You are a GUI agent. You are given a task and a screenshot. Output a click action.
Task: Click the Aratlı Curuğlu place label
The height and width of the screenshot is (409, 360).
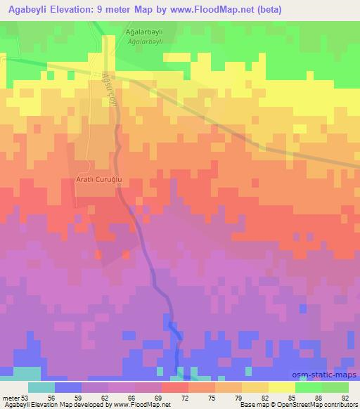point(99,180)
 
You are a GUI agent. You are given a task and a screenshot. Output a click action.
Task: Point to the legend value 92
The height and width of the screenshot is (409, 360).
point(346,397)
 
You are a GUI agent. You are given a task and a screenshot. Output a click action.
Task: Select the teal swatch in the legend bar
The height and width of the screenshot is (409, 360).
point(41,387)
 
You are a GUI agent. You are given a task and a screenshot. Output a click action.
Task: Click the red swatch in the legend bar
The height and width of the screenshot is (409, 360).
point(175,387)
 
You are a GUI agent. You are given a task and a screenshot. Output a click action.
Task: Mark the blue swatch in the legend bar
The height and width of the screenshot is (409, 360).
point(68,387)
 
